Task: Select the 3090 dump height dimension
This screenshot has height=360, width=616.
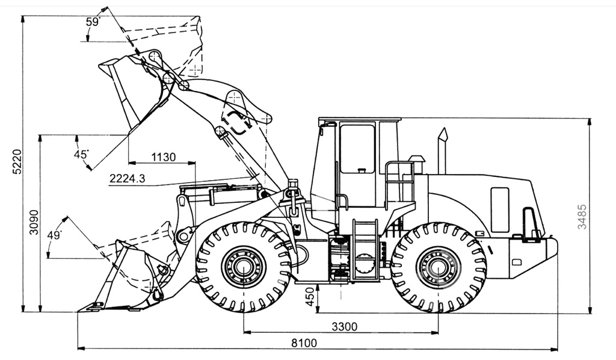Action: tap(34, 222)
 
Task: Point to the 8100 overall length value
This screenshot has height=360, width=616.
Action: tap(304, 343)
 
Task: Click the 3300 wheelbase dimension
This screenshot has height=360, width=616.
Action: tap(345, 326)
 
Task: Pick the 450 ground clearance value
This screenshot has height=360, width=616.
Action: tap(310, 297)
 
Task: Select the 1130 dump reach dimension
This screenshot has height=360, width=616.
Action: tap(164, 157)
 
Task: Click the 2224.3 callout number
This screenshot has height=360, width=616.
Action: tap(127, 179)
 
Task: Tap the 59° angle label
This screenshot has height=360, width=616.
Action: tap(93, 22)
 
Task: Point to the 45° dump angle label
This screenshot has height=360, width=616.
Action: tap(81, 154)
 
